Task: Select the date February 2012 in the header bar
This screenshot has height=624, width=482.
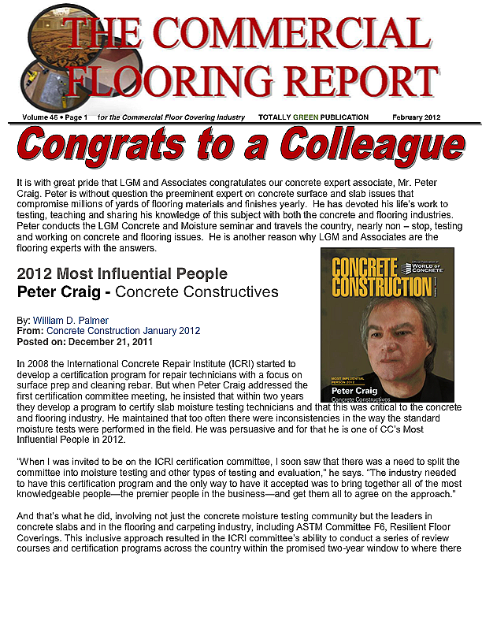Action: coord(416,117)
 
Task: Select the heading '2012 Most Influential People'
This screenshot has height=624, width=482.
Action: coord(122,274)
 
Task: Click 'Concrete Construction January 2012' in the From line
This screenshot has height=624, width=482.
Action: coord(123,331)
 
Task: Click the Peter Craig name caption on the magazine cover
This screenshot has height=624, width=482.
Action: coord(354,391)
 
